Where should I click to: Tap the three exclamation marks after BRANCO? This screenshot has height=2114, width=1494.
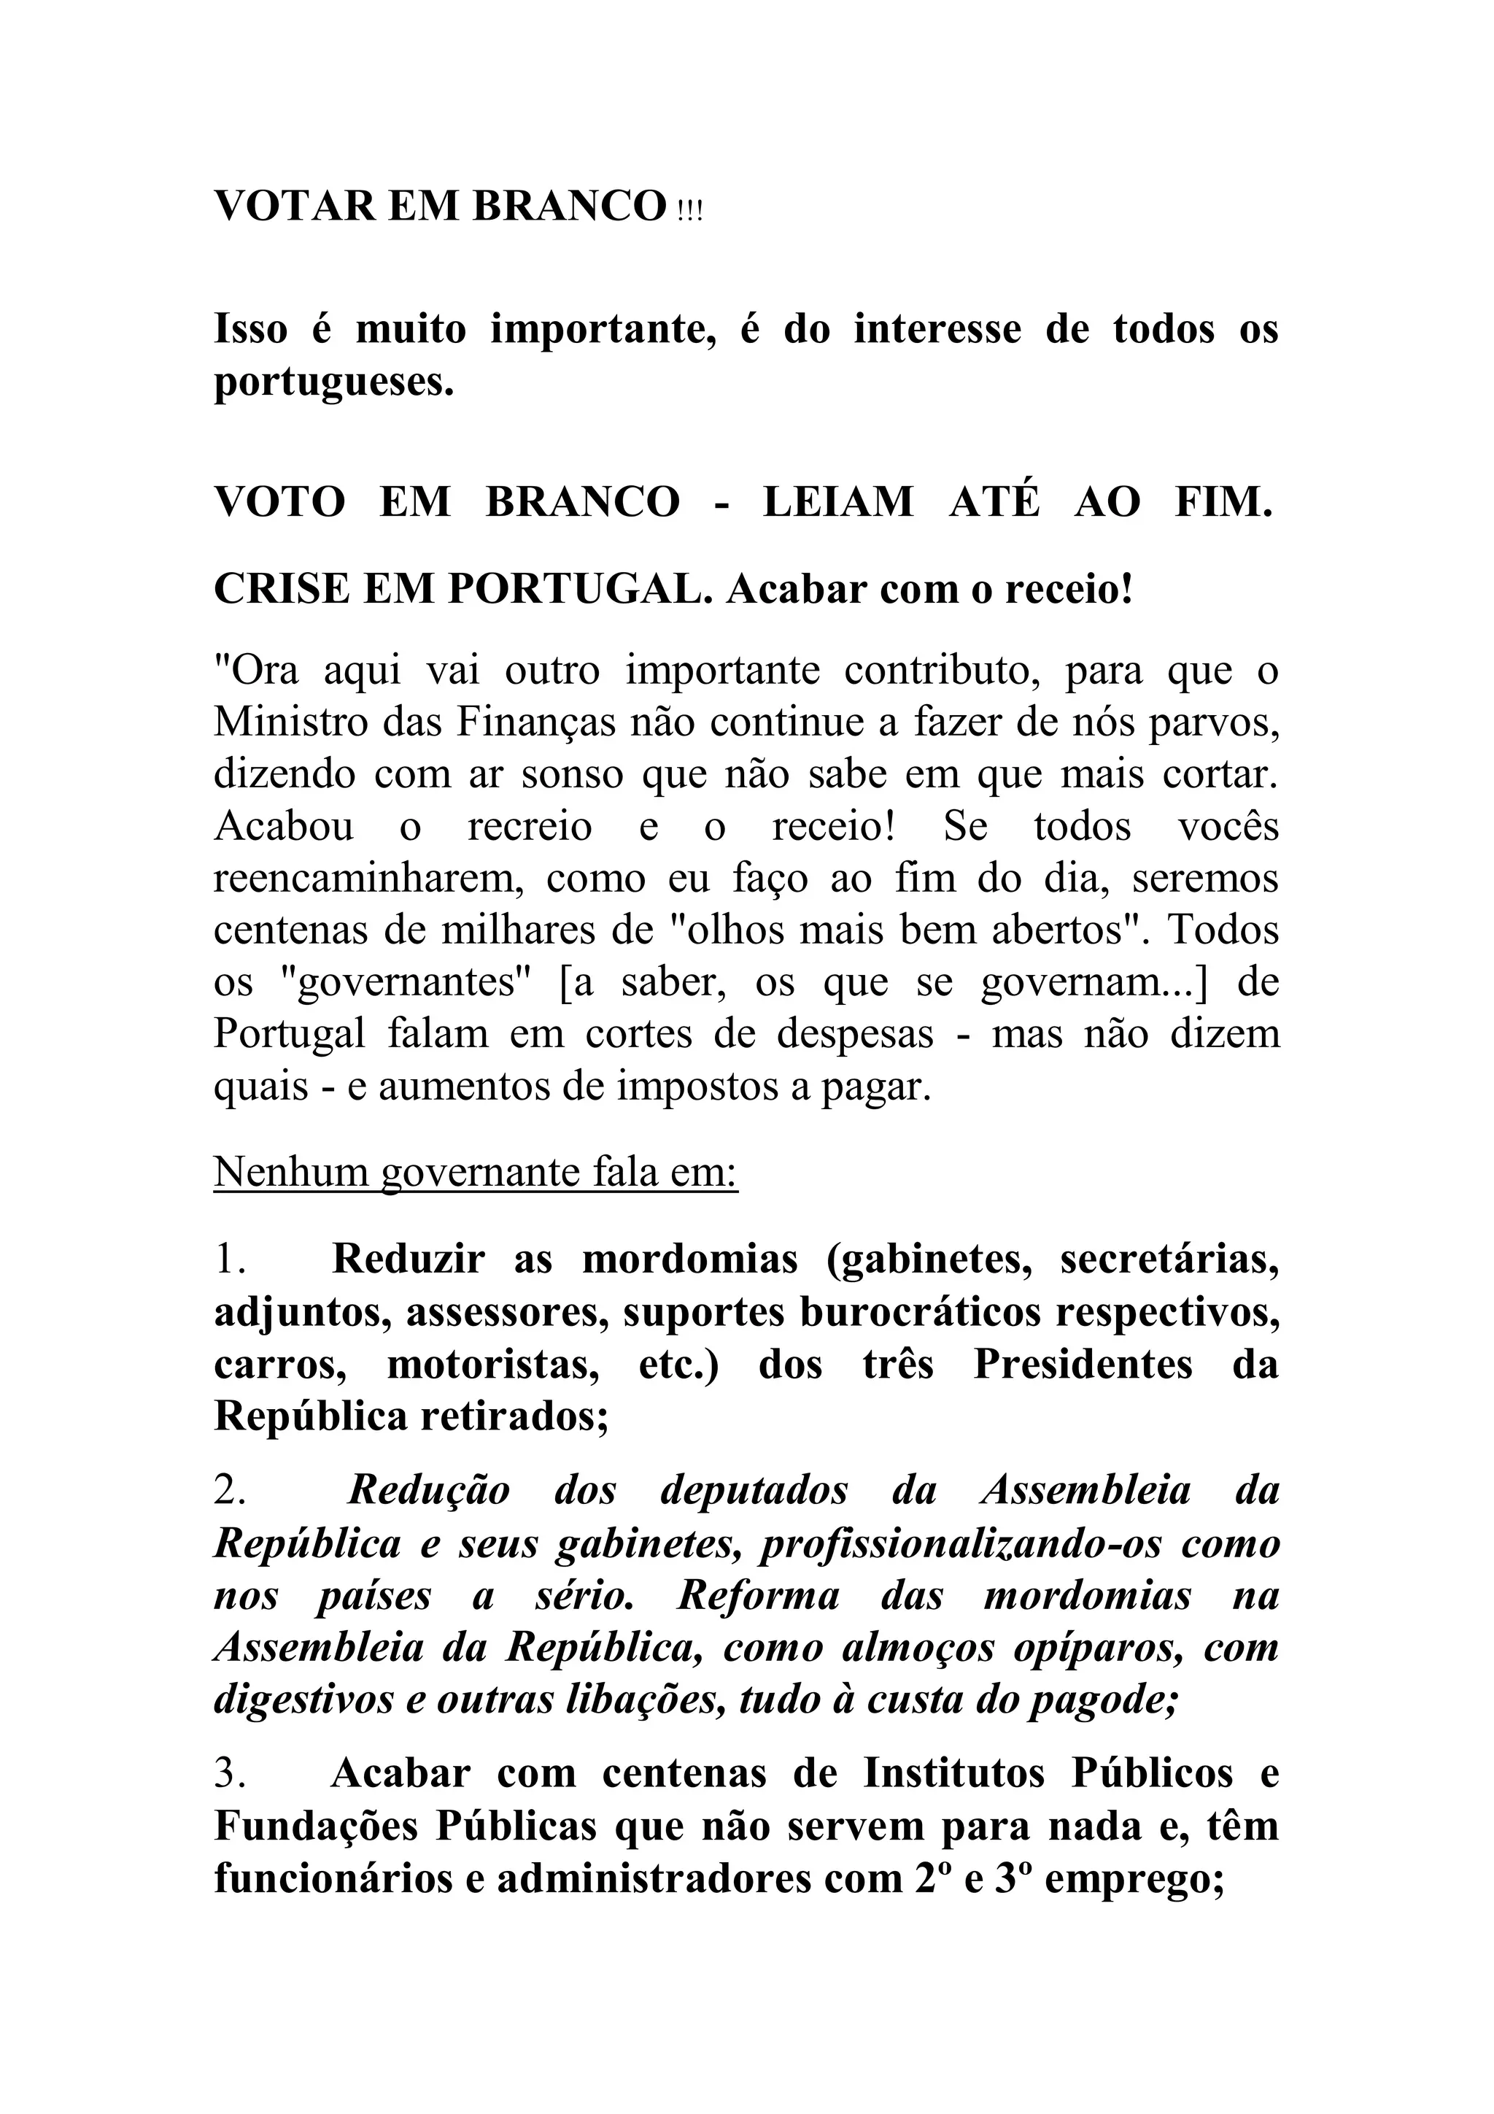689,211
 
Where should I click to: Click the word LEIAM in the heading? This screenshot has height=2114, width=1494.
837,502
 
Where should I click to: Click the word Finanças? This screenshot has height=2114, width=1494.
535,722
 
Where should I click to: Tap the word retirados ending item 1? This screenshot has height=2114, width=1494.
513,1416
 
